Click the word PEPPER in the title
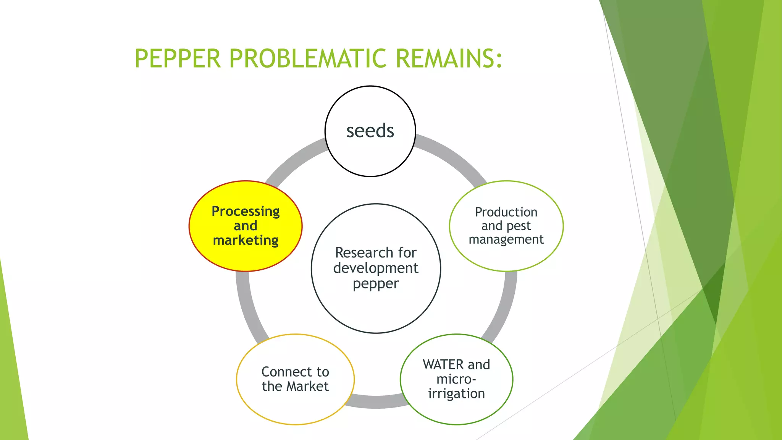click(178, 59)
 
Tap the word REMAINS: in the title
click(449, 59)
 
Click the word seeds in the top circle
click(370, 131)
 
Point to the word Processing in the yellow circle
click(246, 211)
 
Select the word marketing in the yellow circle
click(246, 240)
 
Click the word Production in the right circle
click(506, 212)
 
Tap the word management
click(506, 239)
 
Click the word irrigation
click(456, 393)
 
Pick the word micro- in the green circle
click(456, 379)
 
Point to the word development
click(376, 268)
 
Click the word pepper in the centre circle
click(376, 284)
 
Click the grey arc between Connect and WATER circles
click(376, 401)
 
